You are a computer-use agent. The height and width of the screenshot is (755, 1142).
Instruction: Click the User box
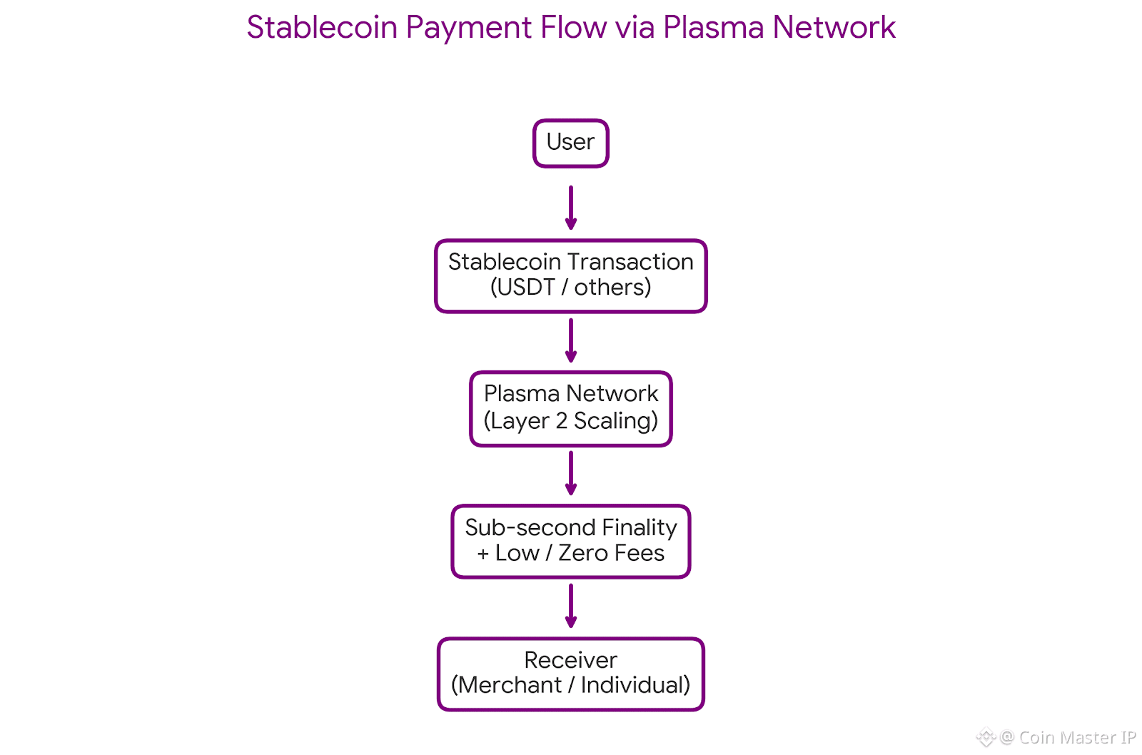(570, 143)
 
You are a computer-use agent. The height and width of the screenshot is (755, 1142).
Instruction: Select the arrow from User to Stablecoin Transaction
(570, 207)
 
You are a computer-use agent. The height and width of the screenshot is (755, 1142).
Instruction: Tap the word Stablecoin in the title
(322, 28)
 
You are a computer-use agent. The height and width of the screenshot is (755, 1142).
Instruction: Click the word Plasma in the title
(713, 28)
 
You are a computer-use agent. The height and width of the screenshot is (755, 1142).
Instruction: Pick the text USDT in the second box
(525, 287)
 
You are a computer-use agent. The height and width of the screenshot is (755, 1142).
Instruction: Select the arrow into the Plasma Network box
(570, 340)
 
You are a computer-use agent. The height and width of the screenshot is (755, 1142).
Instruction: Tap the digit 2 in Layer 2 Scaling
(562, 420)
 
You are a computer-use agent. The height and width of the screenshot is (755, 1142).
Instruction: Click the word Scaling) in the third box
(616, 421)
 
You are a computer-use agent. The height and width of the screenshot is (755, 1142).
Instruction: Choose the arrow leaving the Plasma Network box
(570, 473)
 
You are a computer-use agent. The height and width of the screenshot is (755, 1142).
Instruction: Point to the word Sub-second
(530, 527)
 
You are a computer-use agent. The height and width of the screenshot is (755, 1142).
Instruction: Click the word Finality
(640, 527)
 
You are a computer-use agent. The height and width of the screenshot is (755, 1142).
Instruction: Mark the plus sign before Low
(483, 554)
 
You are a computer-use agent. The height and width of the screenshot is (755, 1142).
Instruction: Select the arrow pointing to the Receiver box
(570, 606)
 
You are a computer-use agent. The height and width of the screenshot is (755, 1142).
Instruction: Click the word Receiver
(570, 660)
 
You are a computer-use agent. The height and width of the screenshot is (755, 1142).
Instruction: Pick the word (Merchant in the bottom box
(506, 685)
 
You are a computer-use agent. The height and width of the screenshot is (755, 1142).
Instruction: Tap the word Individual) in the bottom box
(635, 685)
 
